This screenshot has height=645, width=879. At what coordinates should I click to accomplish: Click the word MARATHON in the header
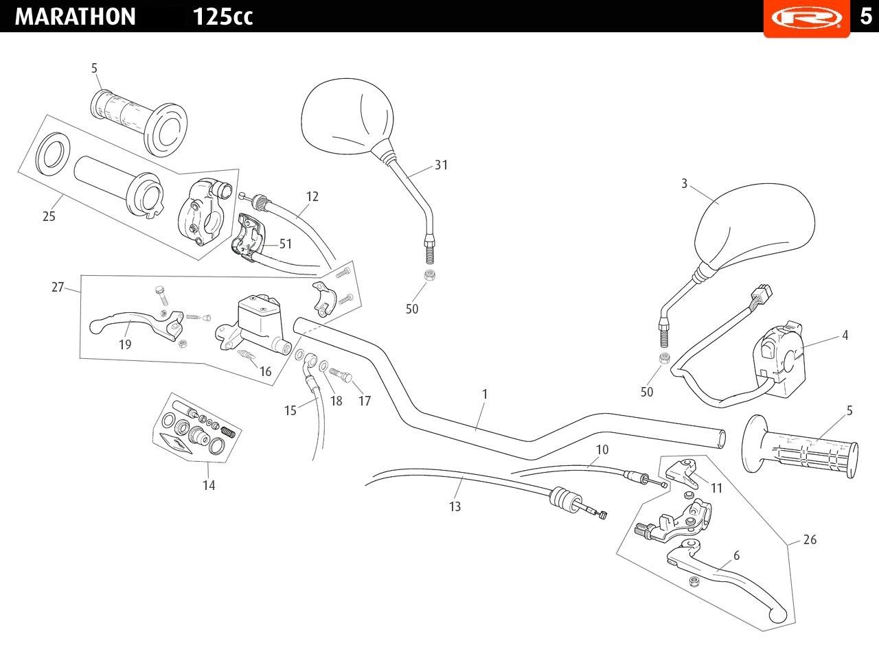(75, 16)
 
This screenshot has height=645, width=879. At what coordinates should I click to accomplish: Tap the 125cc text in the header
(222, 17)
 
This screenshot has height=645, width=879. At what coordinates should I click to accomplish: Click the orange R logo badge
(806, 18)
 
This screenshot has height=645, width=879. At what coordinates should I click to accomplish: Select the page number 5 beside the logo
(865, 16)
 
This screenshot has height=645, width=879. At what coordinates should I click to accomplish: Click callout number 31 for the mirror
(442, 165)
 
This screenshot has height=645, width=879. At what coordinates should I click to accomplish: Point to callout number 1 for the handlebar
(485, 394)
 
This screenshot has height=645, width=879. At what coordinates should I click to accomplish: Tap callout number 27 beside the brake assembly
(58, 287)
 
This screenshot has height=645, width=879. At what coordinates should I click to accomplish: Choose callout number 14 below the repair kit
(209, 485)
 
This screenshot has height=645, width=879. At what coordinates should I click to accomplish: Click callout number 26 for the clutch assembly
(810, 539)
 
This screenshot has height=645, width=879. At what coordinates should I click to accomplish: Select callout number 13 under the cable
(455, 506)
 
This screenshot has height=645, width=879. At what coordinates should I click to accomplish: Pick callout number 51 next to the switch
(285, 244)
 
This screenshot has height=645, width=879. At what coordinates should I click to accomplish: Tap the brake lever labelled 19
(135, 325)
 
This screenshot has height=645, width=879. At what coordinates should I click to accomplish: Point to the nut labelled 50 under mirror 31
(430, 275)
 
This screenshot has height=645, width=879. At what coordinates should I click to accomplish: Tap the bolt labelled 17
(341, 375)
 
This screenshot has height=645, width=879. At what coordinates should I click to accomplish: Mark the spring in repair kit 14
(229, 432)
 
